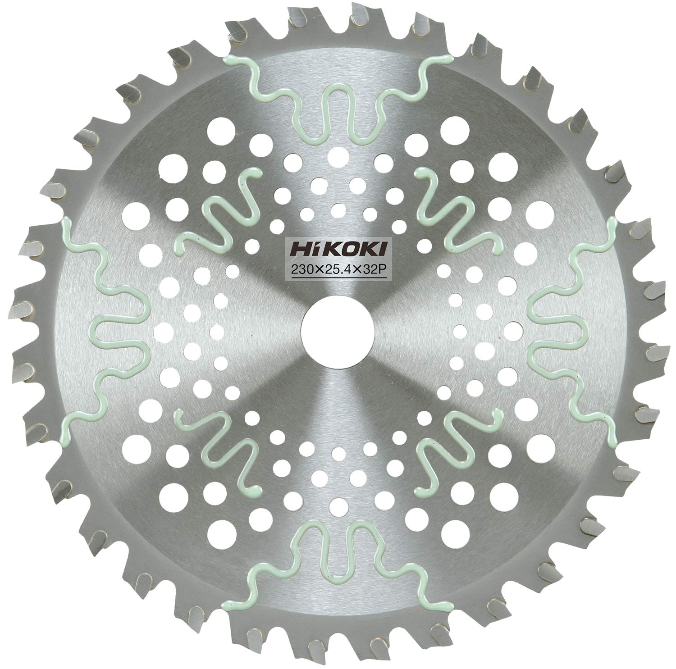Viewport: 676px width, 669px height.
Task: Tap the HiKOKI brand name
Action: [338, 249]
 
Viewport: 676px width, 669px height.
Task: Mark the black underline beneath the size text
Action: [338, 280]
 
